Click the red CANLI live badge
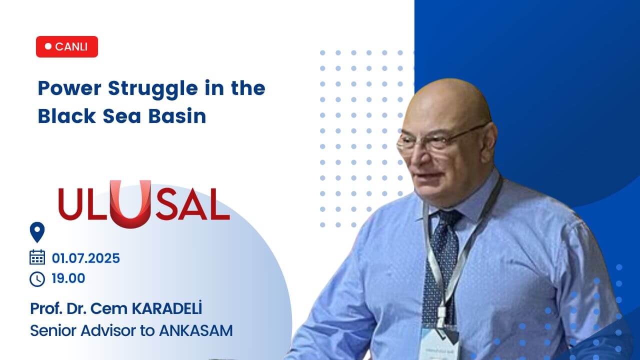point(67,46)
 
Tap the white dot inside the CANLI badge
point(48,46)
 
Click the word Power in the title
point(70,88)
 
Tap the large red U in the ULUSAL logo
point(130,202)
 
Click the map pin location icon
point(37,232)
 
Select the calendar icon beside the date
point(37,257)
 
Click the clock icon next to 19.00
point(37,278)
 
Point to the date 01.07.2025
point(85,258)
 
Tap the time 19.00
point(68,278)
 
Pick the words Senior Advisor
point(76,330)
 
